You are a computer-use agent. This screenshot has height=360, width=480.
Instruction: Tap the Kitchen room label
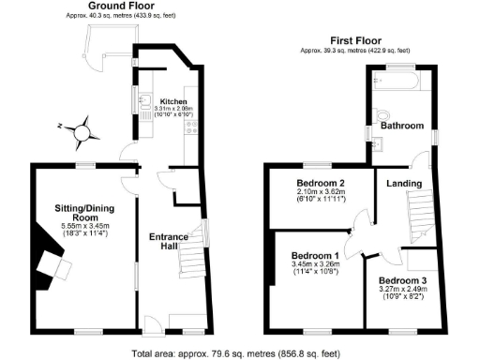(173, 101)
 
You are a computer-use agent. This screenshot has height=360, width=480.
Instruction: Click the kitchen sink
(142, 99)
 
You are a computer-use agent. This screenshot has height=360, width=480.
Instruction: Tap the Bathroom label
(401, 126)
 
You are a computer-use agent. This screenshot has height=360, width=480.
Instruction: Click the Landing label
(404, 183)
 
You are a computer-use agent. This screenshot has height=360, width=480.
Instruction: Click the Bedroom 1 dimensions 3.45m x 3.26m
(315, 265)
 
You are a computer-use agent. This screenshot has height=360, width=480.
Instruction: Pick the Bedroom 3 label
(403, 280)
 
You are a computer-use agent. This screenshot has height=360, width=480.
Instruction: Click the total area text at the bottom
(239, 353)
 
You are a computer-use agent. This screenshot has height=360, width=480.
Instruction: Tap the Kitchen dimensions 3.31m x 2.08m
(173, 109)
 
